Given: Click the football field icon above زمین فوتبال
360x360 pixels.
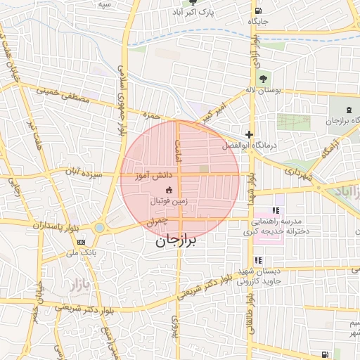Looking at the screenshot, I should [x=169, y=190].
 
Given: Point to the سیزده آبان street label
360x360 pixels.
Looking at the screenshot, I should [x=83, y=172].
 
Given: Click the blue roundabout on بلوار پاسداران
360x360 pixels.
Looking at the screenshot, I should [x=99, y=227].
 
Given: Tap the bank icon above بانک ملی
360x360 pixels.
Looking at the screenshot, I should [x=79, y=242].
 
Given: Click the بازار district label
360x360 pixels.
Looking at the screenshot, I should [x=71, y=285].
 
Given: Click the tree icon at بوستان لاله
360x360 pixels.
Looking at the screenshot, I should [x=263, y=79].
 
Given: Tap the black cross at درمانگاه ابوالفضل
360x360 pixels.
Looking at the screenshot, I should [x=249, y=134].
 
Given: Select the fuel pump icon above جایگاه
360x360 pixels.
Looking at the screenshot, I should [x=259, y=11].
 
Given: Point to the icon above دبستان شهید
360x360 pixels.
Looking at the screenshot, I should [x=259, y=260].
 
